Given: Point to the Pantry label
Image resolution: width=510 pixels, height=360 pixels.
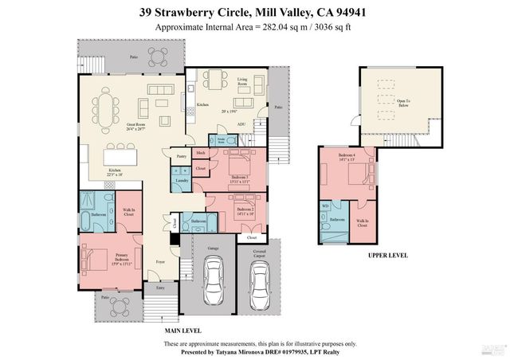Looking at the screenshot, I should (182, 158).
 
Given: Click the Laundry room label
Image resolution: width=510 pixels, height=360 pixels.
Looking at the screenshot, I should (182, 181).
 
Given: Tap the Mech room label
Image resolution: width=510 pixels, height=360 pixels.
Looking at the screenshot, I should (201, 152).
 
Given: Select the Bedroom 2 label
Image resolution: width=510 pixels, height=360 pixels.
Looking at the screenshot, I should (242, 212).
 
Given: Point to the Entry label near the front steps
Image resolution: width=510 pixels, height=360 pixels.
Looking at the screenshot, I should (159, 288).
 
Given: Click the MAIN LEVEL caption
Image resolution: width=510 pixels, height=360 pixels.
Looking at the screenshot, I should (182, 330).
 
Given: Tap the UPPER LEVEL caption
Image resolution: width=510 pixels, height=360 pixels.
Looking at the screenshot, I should (388, 256).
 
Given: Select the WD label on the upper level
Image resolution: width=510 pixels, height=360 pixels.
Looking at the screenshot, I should (325, 205).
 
